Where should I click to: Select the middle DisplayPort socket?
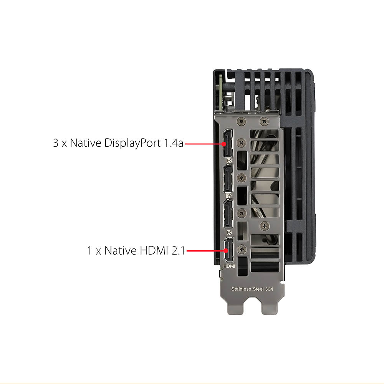(x=228, y=179)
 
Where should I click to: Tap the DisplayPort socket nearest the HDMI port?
(x=228, y=214)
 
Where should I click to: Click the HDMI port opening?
(x=229, y=250)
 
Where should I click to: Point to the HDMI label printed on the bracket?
(x=229, y=266)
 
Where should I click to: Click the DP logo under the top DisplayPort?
(x=229, y=161)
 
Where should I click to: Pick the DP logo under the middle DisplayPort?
(x=229, y=196)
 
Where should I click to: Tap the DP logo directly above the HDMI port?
(x=229, y=232)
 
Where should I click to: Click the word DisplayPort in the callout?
(x=132, y=143)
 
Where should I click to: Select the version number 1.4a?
(x=174, y=143)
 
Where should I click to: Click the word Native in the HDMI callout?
(x=121, y=250)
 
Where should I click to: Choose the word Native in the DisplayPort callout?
(x=86, y=143)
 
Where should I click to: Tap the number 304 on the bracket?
(x=269, y=289)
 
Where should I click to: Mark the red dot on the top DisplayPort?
(x=224, y=144)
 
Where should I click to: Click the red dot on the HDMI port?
(x=226, y=250)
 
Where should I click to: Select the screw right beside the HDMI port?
(x=242, y=249)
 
